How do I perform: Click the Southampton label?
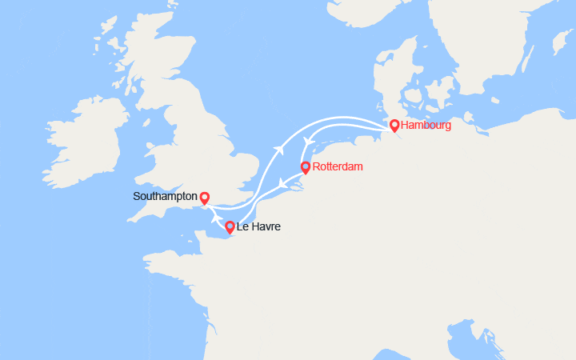click(x=165, y=196)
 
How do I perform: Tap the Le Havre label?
click(x=258, y=227)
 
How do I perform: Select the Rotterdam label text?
click(x=337, y=166)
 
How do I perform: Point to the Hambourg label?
click(x=426, y=125)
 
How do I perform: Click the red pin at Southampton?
click(x=204, y=198)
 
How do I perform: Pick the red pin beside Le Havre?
click(x=230, y=227)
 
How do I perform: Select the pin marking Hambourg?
click(x=394, y=125)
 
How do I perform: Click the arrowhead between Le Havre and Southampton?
click(x=217, y=217)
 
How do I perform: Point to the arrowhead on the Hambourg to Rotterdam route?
click(x=305, y=141)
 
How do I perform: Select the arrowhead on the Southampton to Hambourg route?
click(x=279, y=149)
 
